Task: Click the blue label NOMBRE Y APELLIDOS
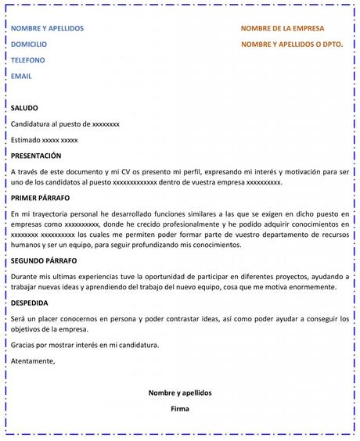[x=47, y=29]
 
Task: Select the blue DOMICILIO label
[x=29, y=45]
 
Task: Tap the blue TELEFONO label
[x=28, y=60]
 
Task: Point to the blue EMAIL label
[x=21, y=76]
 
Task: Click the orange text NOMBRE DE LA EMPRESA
[x=282, y=29]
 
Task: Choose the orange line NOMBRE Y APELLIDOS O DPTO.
[x=292, y=45]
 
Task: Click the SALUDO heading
[x=24, y=108]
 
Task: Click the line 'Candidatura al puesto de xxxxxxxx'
[x=65, y=124]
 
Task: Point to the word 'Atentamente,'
[x=33, y=360]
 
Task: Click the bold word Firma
[x=180, y=408]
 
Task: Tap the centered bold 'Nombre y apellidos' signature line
[x=180, y=393]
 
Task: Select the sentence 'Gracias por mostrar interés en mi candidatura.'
[x=85, y=345]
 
